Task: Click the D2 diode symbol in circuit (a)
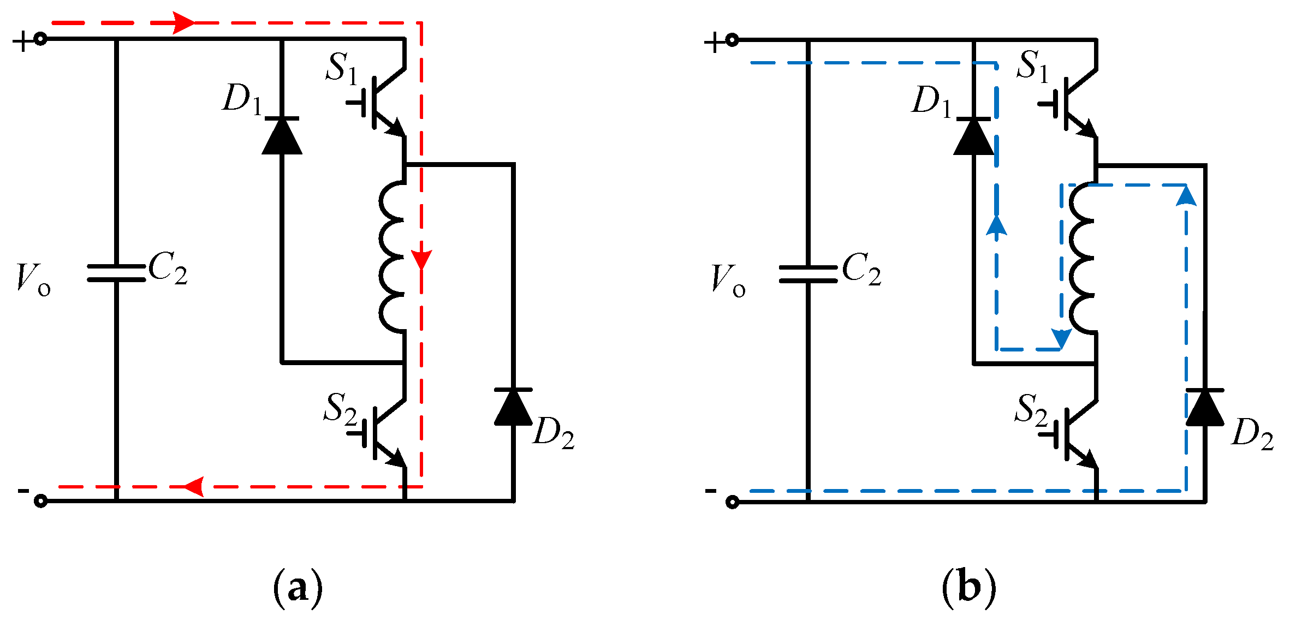pyautogui.click(x=513, y=407)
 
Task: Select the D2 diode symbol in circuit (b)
pyautogui.click(x=1205, y=407)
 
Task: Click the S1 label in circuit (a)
pyautogui.click(x=342, y=69)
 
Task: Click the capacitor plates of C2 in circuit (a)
pyautogui.click(x=116, y=273)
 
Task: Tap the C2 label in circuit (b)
pyautogui.click(x=861, y=269)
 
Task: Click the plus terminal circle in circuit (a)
pyautogui.click(x=40, y=39)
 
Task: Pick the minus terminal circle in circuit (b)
pyautogui.click(x=732, y=502)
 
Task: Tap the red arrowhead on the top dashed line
pyautogui.click(x=184, y=23)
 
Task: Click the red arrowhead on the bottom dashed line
pyautogui.click(x=194, y=486)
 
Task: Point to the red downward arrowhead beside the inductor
pyautogui.click(x=421, y=259)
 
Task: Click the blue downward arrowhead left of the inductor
pyautogui.click(x=1061, y=338)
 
